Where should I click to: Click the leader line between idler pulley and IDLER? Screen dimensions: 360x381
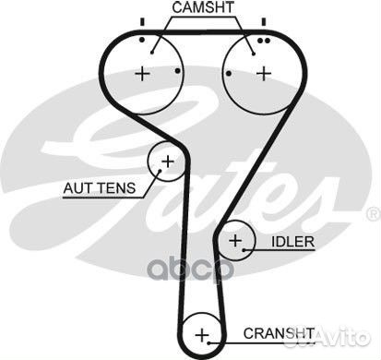(261, 242)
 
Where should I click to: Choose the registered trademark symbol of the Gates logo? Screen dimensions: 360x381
(372, 214)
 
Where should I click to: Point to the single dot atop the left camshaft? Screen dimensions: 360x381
(141, 41)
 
